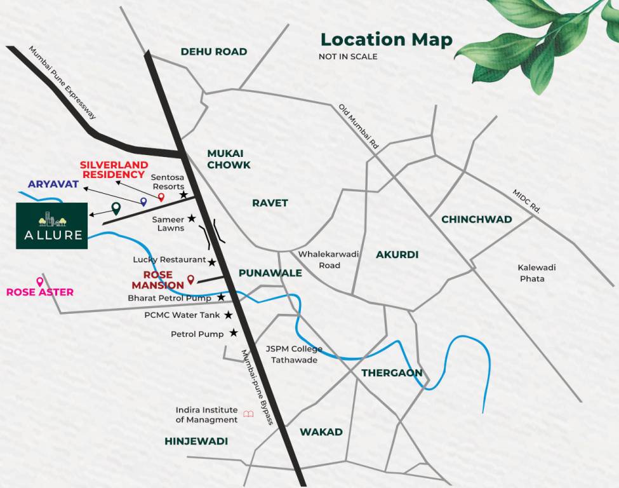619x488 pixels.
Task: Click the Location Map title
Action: point(386,39)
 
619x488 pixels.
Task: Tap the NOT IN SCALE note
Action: point(348,57)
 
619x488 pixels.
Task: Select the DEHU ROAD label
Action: point(214,51)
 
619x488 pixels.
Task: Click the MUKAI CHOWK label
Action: point(229,159)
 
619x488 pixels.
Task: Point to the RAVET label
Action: point(270,203)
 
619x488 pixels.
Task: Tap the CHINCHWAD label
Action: point(476,219)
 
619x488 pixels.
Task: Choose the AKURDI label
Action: point(397,255)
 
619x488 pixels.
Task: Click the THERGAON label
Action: point(392,373)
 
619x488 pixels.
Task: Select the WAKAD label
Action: point(321,432)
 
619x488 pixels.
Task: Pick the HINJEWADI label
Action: point(196,441)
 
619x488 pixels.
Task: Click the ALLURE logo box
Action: point(52,226)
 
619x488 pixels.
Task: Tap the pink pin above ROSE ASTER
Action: point(40,281)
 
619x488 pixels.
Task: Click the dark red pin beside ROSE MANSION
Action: point(190,279)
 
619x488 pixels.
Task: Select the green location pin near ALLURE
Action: point(116,208)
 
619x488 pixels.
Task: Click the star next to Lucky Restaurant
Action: point(212,262)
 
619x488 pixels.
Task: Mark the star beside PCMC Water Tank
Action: point(228,315)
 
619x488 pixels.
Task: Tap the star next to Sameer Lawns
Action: point(191,219)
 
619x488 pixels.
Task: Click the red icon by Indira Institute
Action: point(248,414)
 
